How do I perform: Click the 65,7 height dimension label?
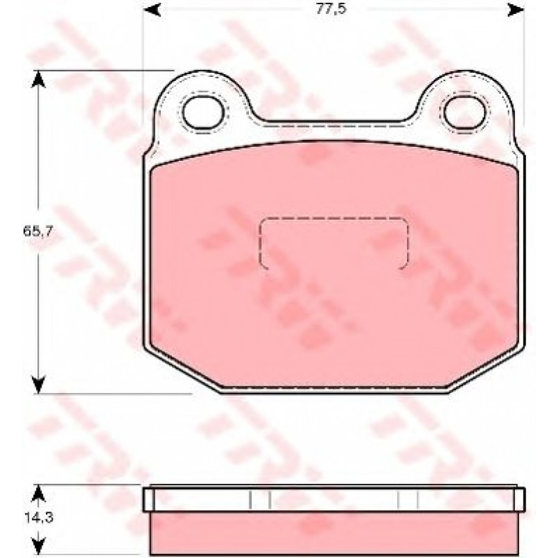[38, 232]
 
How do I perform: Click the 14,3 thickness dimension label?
[39, 517]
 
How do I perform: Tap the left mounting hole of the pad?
[203, 112]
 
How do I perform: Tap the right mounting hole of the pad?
[464, 112]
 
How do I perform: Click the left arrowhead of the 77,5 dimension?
[152, 10]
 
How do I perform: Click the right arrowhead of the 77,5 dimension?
[516, 10]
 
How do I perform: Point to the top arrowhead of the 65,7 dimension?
[38, 79]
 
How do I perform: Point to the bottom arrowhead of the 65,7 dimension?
[38, 385]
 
